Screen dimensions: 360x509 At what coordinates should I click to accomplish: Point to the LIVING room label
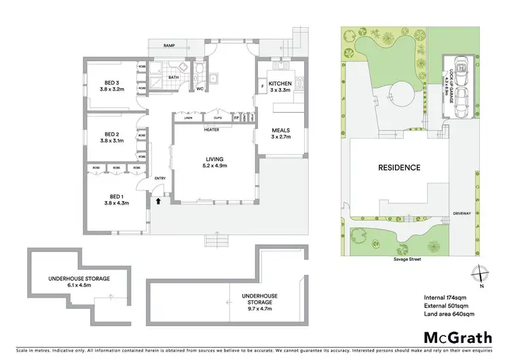(214, 161)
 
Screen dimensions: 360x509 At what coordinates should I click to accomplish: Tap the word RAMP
(171, 46)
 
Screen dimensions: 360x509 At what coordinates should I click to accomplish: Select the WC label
(200, 88)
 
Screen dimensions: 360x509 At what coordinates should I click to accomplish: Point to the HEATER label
(211, 128)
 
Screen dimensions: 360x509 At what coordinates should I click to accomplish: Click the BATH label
(174, 77)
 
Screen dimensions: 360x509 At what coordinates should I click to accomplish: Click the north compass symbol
(481, 272)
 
